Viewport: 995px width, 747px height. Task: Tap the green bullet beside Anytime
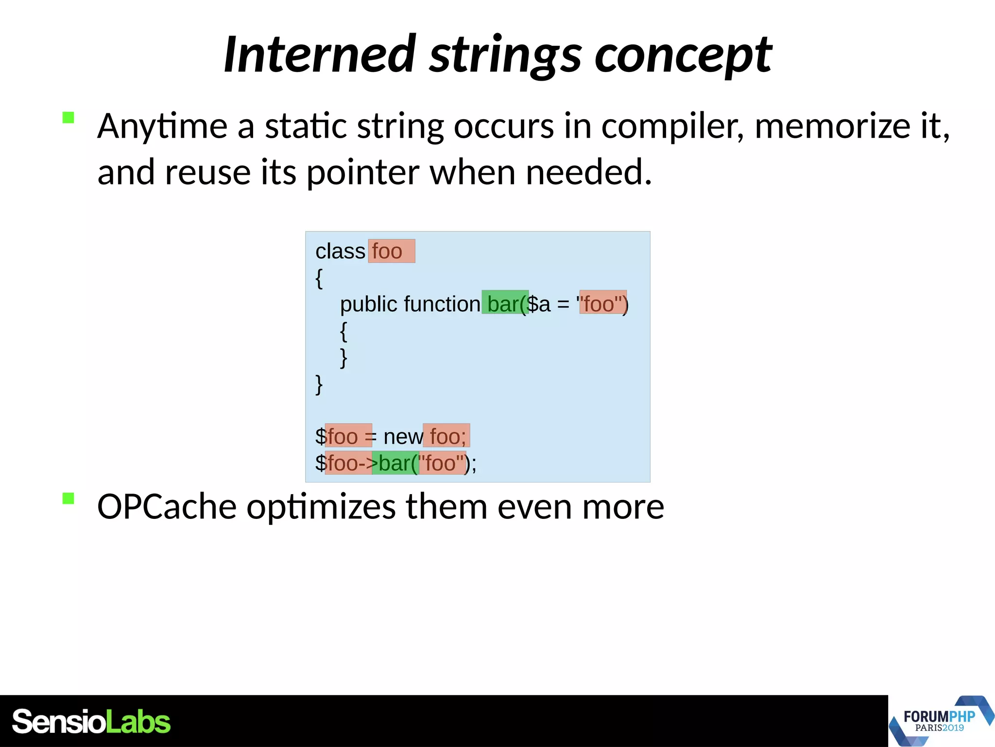69,118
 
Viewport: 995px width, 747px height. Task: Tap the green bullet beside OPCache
69,498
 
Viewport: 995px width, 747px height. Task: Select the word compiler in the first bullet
672,126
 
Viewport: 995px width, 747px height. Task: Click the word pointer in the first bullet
362,172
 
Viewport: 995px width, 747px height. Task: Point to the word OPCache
167,507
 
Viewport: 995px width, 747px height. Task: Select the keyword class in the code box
340,251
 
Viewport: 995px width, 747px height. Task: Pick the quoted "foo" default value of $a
602,304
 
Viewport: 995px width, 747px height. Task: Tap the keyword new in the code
403,437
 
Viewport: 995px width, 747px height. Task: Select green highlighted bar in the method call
395,463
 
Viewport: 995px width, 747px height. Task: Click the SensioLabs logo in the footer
91,722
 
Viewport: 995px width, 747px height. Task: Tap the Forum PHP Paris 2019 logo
941,721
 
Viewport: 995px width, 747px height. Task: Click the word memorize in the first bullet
832,126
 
